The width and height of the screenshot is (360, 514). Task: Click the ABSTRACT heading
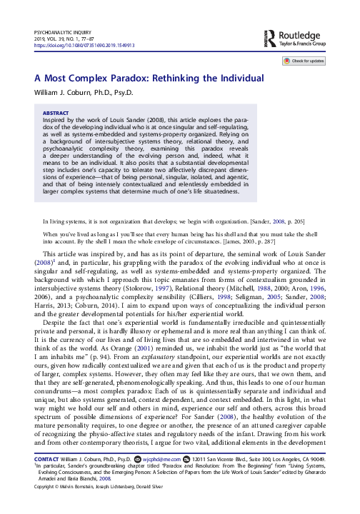click(x=56, y=111)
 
